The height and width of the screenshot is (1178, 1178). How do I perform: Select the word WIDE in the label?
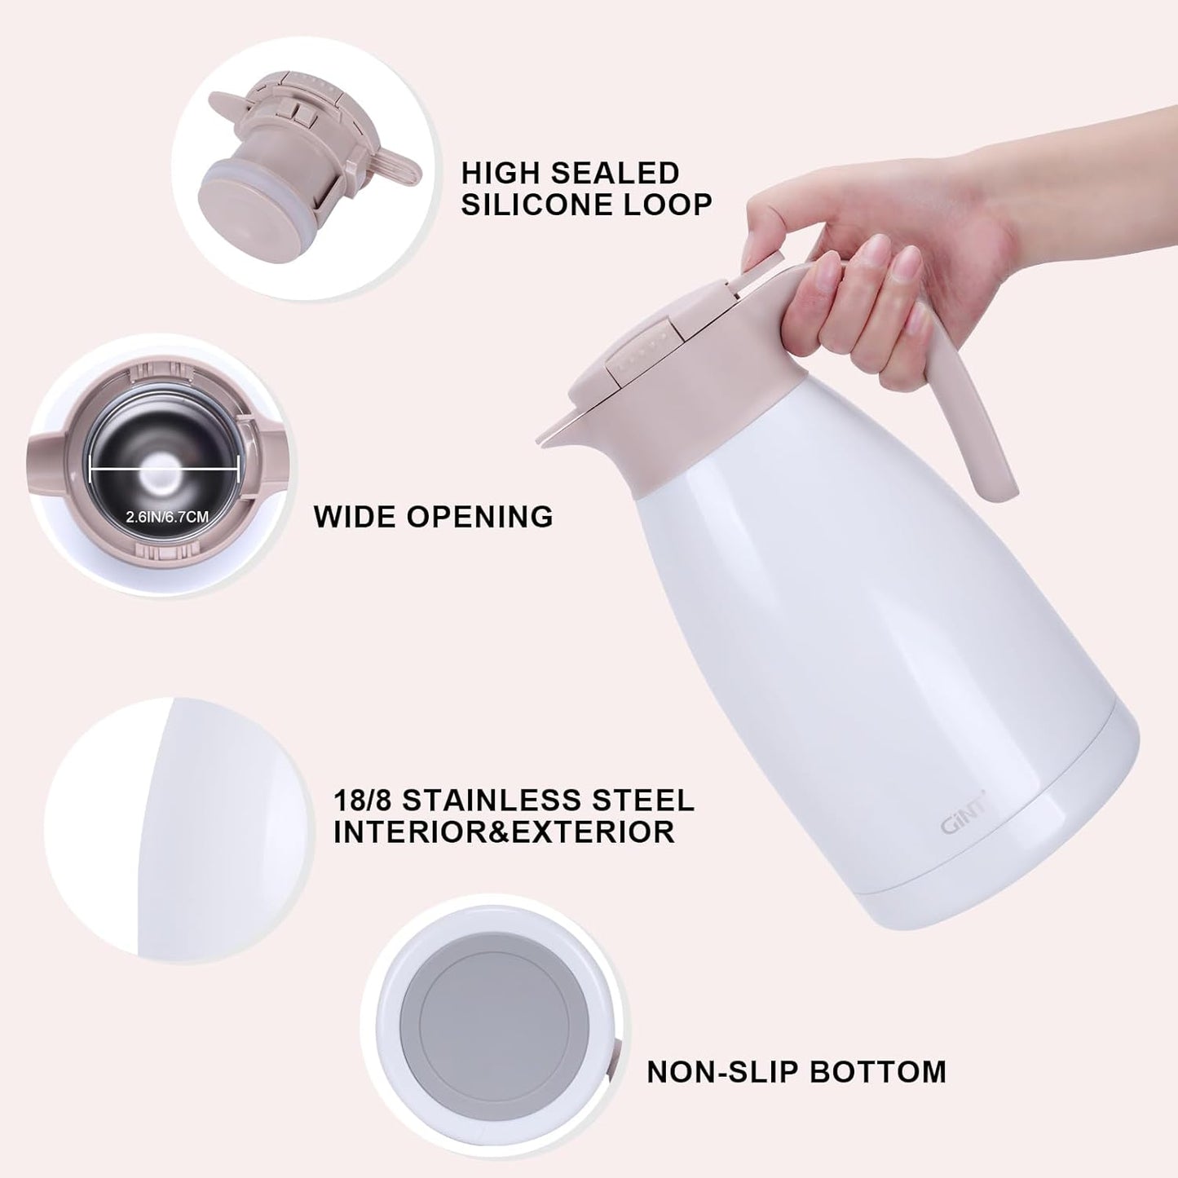(x=355, y=517)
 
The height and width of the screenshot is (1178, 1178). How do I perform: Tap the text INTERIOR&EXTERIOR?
(x=504, y=832)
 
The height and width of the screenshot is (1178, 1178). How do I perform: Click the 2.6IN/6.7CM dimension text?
(x=167, y=517)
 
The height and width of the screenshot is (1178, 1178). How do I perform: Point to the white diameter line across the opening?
(x=164, y=469)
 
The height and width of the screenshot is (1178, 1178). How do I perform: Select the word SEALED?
(x=620, y=173)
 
